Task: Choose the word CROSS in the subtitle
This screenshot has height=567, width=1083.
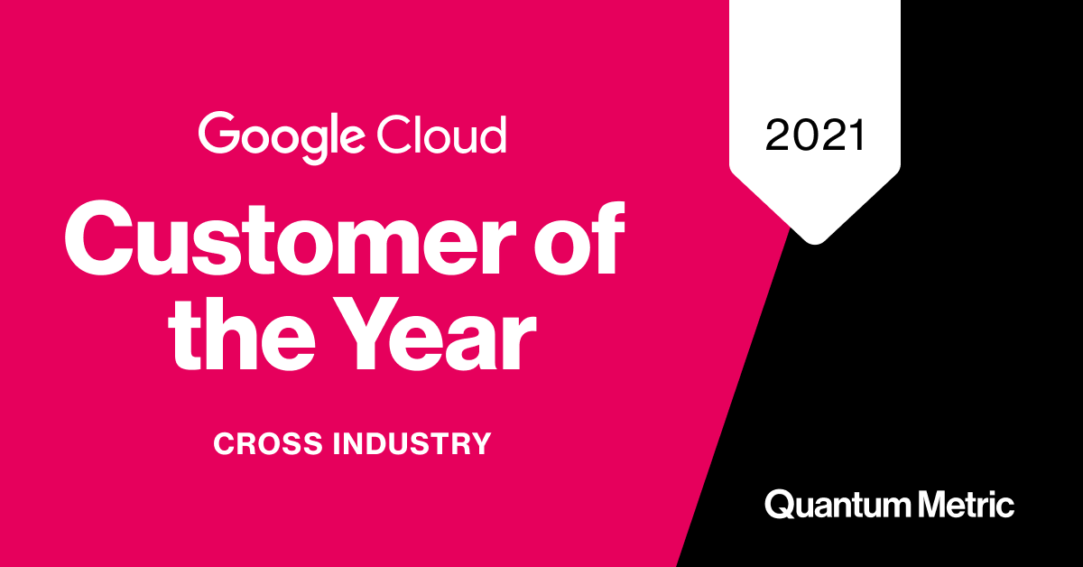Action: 266,444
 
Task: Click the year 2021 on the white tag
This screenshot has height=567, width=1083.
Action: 815,135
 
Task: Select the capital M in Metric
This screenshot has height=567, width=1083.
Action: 928,504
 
